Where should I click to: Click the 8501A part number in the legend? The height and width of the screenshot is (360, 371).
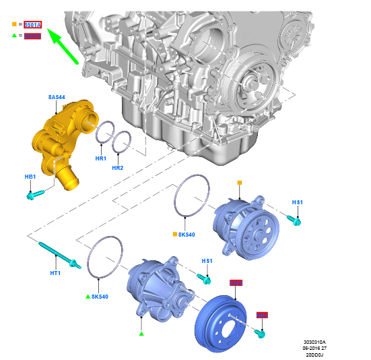click(x=33, y=25)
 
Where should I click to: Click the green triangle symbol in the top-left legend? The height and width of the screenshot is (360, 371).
click(x=14, y=36)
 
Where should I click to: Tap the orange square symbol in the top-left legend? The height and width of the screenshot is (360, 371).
click(x=14, y=25)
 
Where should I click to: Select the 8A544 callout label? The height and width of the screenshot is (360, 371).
click(x=57, y=98)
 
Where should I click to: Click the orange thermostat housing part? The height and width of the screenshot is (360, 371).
click(x=61, y=138)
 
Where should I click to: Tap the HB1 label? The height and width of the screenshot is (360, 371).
click(x=30, y=177)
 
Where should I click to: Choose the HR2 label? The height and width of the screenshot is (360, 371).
click(x=119, y=167)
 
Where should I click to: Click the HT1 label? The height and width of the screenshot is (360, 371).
click(x=55, y=273)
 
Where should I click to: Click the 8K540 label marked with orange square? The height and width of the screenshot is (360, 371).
click(x=185, y=235)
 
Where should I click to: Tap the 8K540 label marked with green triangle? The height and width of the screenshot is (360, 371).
click(x=98, y=296)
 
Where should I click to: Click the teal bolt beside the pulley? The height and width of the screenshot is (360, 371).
click(x=260, y=332)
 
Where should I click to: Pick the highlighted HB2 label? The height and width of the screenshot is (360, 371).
click(x=262, y=315)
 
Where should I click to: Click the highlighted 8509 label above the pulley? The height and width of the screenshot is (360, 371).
click(x=236, y=283)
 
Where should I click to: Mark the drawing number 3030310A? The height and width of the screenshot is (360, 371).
click(x=314, y=342)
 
